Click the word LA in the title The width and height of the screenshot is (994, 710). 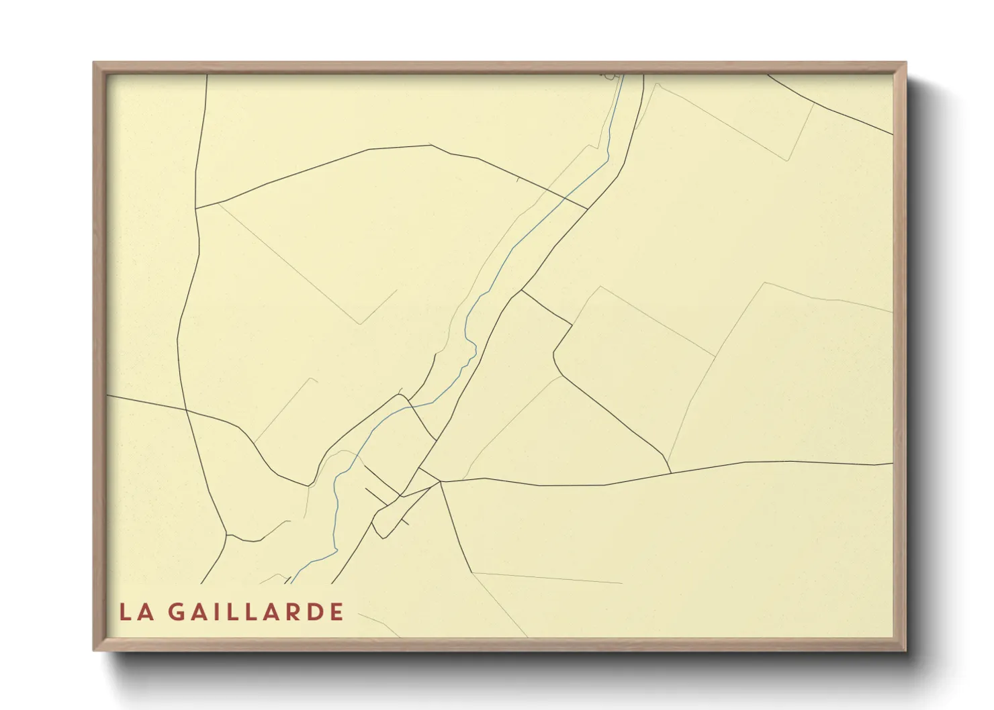pyautogui.click(x=136, y=612)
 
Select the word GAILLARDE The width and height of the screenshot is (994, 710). pyautogui.click(x=256, y=612)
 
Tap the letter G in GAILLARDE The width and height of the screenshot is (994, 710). pyautogui.click(x=176, y=612)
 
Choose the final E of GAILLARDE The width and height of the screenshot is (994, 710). pyautogui.click(x=337, y=612)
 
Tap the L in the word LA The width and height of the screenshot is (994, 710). pyautogui.click(x=125, y=612)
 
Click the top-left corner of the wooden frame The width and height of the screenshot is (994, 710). pyautogui.click(x=94, y=63)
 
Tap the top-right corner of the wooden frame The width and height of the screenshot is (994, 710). pyautogui.click(x=905, y=63)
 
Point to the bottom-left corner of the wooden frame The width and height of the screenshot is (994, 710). pyautogui.click(x=94, y=650)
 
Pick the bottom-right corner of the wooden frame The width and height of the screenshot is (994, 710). pyautogui.click(x=905, y=650)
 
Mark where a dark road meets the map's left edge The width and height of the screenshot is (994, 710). pyautogui.click(x=107, y=395)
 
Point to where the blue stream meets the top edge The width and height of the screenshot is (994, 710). pyautogui.click(x=623, y=75)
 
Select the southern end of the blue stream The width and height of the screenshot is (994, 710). pyautogui.click(x=291, y=582)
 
